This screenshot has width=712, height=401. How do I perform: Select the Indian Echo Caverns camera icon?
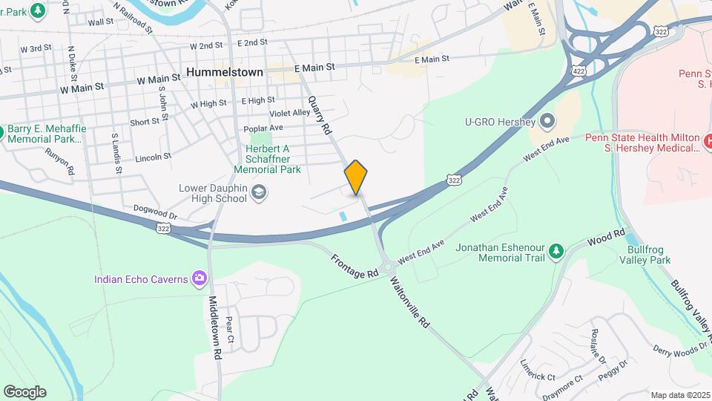(x=198, y=278)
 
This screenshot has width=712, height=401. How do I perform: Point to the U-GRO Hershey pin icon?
(x=547, y=121)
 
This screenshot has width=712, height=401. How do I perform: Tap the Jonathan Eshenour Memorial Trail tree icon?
(x=556, y=252)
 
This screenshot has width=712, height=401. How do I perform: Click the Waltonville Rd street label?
(x=412, y=303)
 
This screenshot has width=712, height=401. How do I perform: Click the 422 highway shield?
(x=576, y=69)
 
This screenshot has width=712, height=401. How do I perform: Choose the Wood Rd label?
(x=606, y=236)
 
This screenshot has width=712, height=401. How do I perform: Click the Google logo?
(x=24, y=391)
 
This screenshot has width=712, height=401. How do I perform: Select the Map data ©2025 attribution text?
(x=680, y=394)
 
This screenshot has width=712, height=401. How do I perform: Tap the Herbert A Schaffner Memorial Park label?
(x=267, y=159)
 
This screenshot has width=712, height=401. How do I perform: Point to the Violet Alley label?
(x=290, y=113)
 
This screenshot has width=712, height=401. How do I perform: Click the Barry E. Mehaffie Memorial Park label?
(x=47, y=134)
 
